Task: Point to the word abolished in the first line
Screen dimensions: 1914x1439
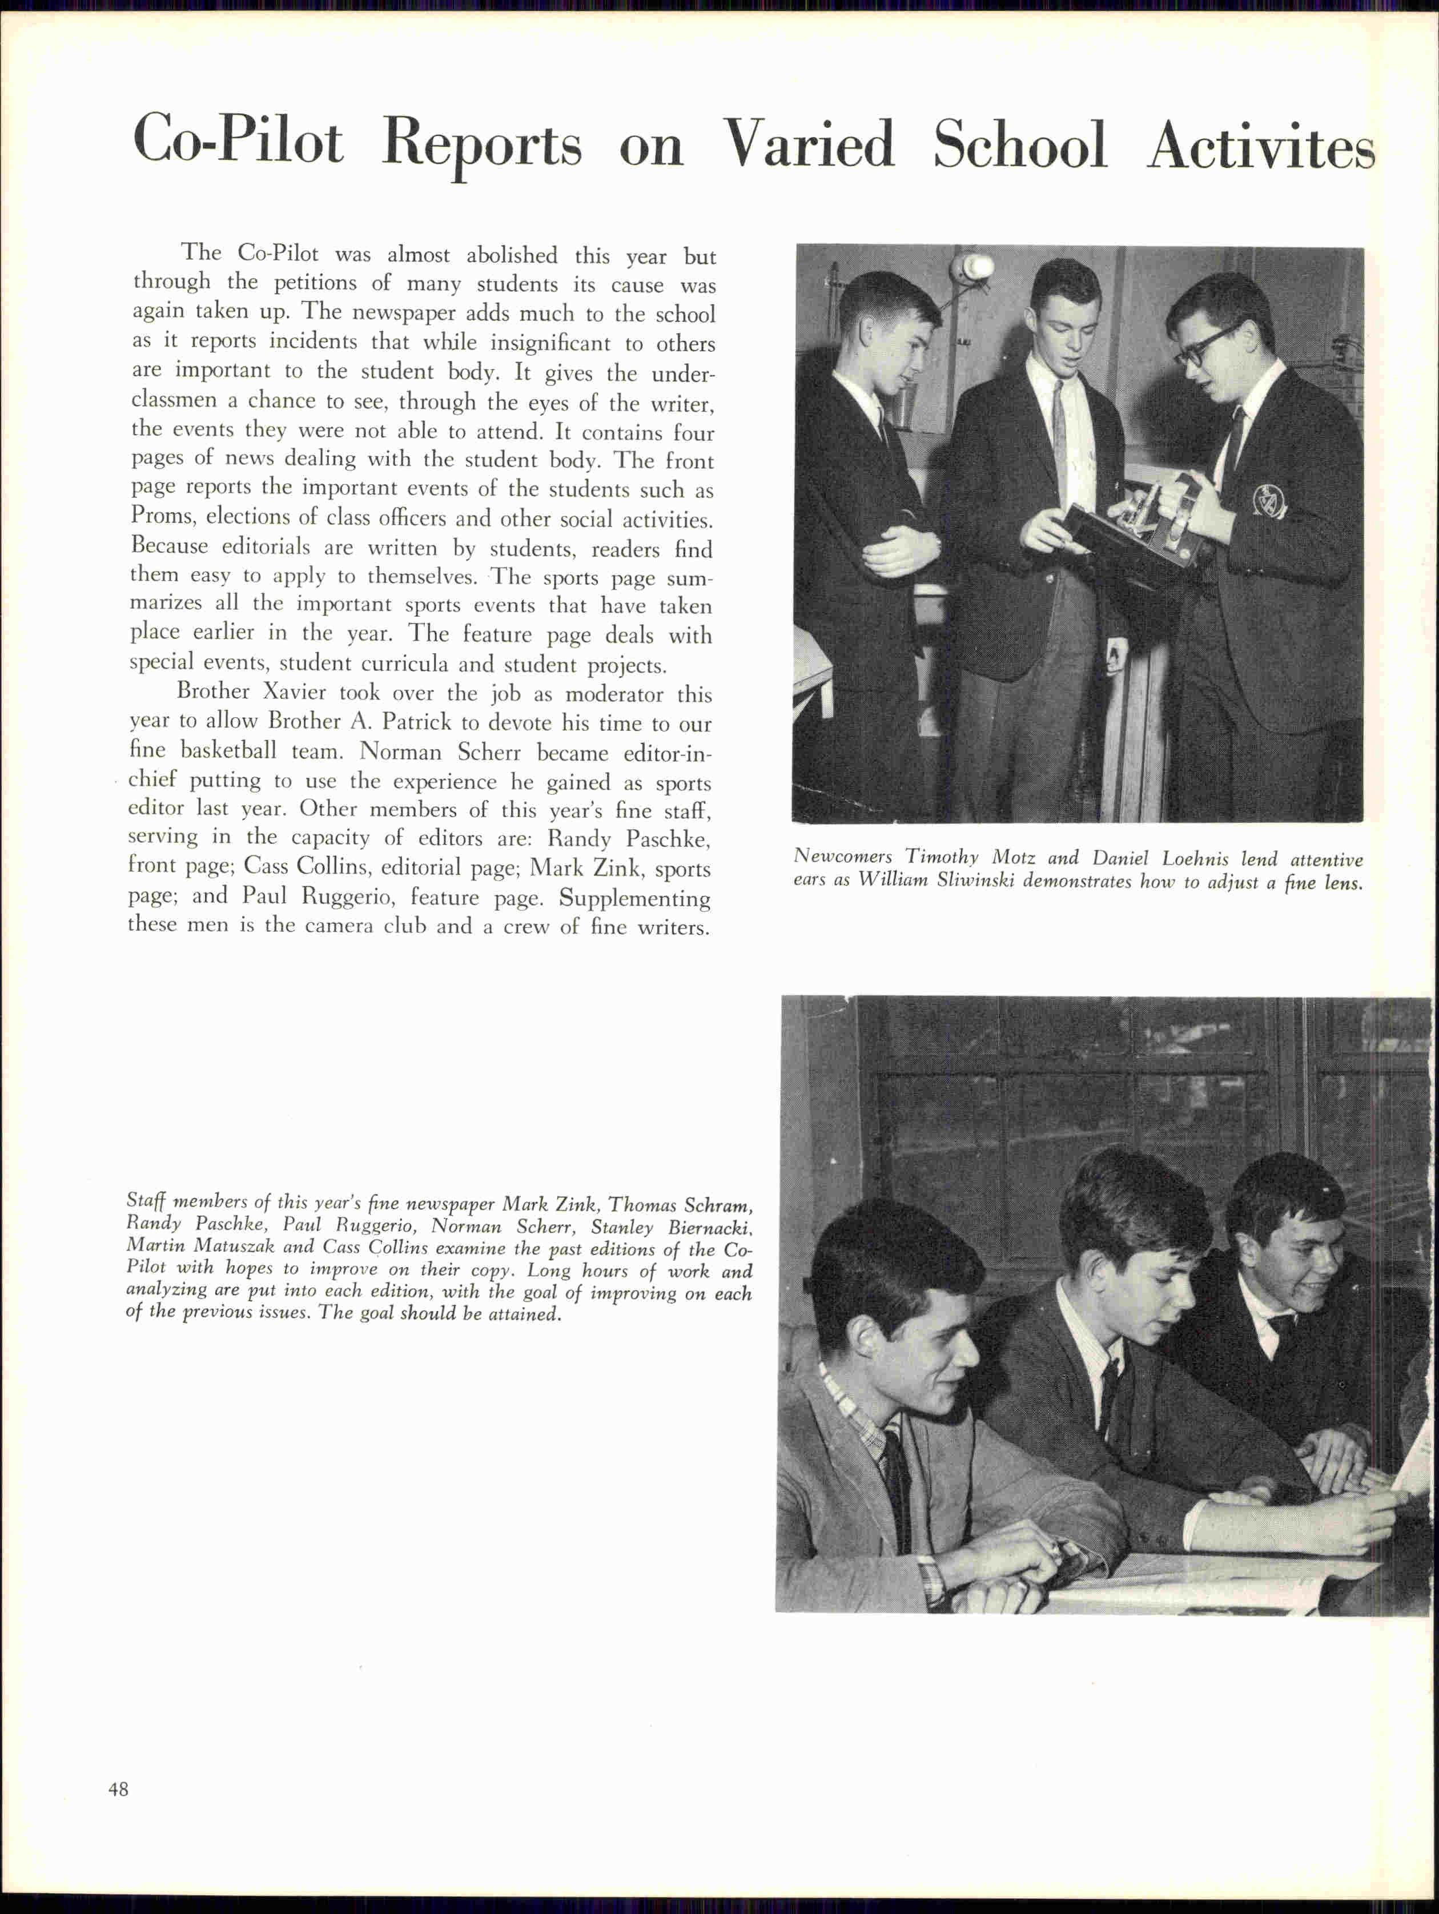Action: click(512, 255)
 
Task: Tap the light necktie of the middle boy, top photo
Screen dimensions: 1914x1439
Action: click(1060, 433)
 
